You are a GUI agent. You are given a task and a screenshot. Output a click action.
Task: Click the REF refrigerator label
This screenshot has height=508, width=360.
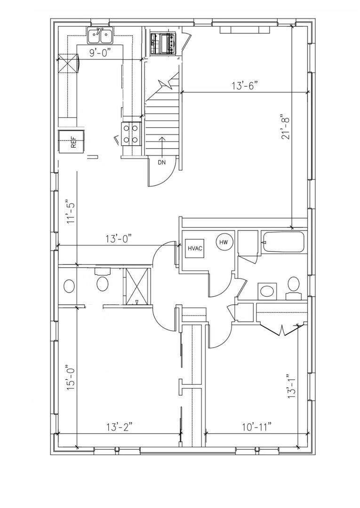(x=73, y=143)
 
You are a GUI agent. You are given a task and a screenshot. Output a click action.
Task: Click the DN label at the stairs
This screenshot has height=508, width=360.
(x=162, y=163)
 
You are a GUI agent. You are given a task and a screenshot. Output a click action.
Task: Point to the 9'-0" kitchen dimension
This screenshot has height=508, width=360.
(x=100, y=53)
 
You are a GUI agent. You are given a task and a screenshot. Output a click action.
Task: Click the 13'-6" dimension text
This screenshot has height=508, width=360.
(x=245, y=86)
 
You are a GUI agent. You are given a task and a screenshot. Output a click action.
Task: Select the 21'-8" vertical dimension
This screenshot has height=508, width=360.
(x=285, y=127)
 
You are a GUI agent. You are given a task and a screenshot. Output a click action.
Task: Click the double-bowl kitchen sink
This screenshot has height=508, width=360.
(x=100, y=36)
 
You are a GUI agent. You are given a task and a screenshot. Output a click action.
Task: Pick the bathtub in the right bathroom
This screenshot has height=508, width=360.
(x=283, y=242)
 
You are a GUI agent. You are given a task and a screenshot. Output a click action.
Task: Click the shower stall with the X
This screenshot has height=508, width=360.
(x=136, y=286)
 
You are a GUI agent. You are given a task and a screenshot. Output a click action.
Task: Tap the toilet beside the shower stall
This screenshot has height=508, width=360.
(x=103, y=281)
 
